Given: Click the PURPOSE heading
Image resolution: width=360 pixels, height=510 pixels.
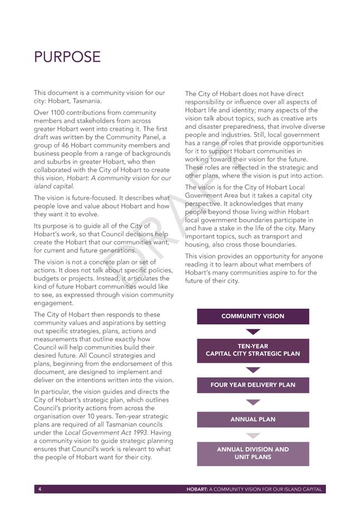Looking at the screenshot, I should pyautogui.click(x=67, y=57).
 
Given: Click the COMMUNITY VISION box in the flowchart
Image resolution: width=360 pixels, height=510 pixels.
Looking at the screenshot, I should pyautogui.click(x=252, y=316).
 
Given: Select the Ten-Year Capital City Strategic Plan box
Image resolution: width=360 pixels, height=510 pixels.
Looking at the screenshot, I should pyautogui.click(x=252, y=350).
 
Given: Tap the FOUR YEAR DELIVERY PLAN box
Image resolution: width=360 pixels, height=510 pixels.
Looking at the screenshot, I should pyautogui.click(x=252, y=385).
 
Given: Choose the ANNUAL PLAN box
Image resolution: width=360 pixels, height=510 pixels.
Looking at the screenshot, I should pyautogui.click(x=252, y=419).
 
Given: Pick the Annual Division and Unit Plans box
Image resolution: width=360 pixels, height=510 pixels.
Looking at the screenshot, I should pyautogui.click(x=252, y=453).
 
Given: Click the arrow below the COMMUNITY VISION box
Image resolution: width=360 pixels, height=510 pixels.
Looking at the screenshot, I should pyautogui.click(x=253, y=332).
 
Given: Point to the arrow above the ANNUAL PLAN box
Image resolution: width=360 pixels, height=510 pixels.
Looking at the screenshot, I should pyautogui.click(x=253, y=402).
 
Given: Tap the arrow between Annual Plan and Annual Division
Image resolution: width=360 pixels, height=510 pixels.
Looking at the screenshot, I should pyautogui.click(x=253, y=435).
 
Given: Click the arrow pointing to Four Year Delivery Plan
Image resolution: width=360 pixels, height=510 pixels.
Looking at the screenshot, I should pyautogui.click(x=253, y=370).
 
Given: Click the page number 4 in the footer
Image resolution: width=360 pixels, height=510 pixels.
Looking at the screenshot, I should pyautogui.click(x=40, y=489).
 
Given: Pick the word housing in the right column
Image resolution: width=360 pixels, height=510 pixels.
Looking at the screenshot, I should pyautogui.click(x=198, y=245).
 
